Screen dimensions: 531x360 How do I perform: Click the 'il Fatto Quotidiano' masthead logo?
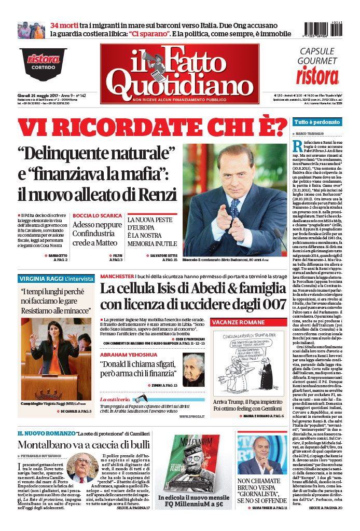pos(179,74)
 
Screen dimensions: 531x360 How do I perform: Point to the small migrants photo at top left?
pos(32,30)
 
